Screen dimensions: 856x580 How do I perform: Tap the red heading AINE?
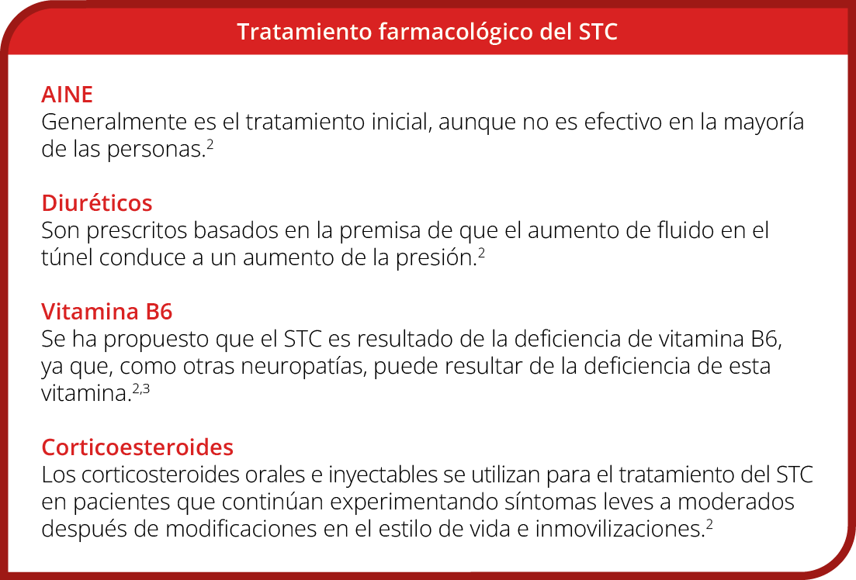click(x=68, y=95)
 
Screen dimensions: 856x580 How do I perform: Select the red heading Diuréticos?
click(x=97, y=203)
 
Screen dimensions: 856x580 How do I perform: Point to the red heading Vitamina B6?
click(x=107, y=312)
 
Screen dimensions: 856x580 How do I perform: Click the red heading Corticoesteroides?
click(x=137, y=447)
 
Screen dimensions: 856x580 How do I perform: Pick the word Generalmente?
click(x=114, y=122)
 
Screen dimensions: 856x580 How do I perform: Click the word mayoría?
click(x=764, y=123)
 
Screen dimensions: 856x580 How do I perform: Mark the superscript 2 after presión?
click(x=481, y=254)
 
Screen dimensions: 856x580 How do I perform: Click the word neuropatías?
click(x=303, y=367)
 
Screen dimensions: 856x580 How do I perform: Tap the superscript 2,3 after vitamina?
click(x=140, y=389)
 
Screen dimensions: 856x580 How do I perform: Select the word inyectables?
click(x=383, y=475)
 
